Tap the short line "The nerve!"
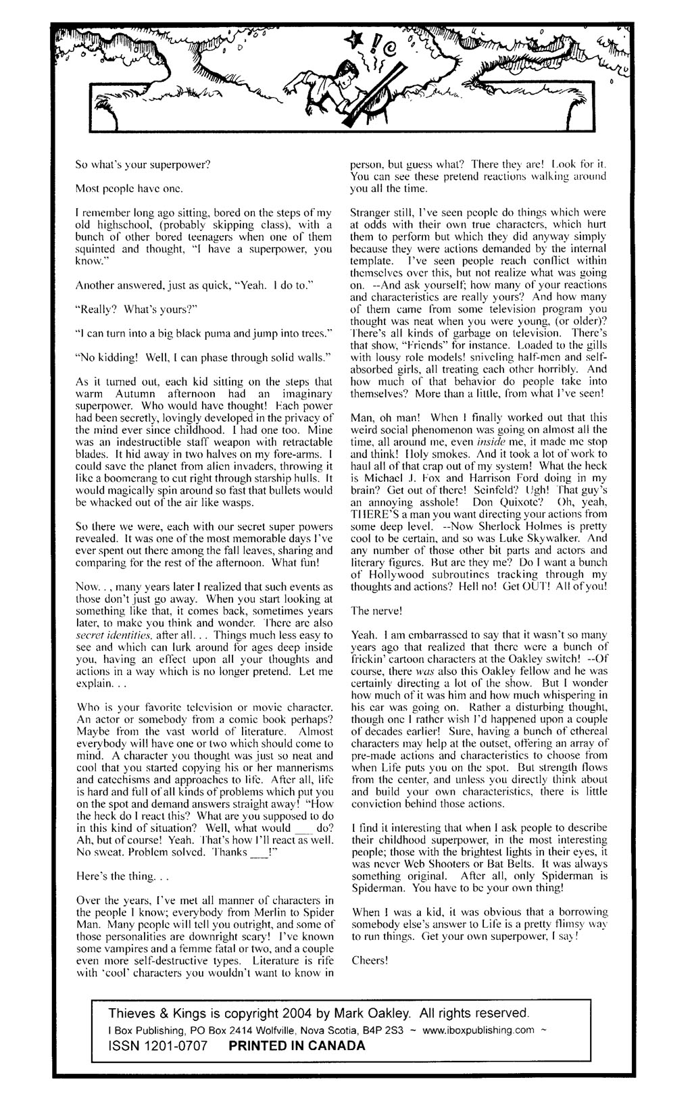click(376, 611)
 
